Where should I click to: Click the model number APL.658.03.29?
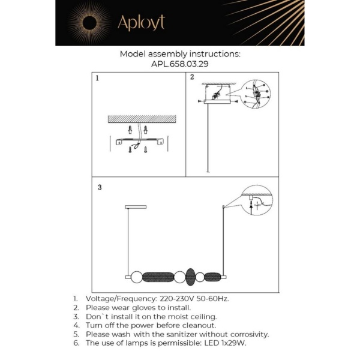tap(179, 63)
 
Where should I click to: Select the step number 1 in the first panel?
tap(97, 78)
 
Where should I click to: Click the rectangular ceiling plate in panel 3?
tap(136, 207)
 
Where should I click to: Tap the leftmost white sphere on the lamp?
tap(136, 277)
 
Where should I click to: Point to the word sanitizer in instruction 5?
tap(183, 334)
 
